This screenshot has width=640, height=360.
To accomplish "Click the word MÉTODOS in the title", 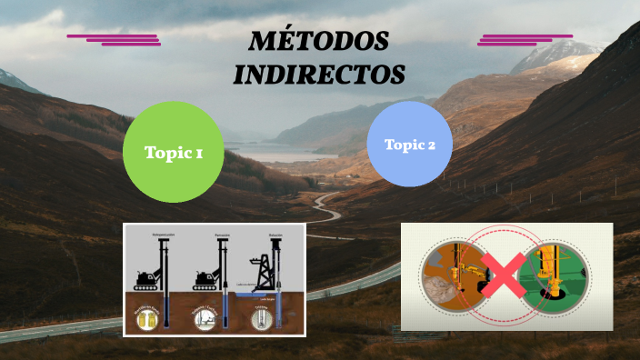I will click(x=319, y=42).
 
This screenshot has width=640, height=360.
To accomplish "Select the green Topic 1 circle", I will click(x=173, y=152).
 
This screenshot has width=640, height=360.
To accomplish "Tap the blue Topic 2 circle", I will click(x=409, y=144).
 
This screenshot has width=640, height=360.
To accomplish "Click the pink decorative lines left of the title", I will click(x=115, y=39).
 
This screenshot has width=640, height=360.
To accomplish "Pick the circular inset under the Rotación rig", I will click(x=263, y=319).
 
